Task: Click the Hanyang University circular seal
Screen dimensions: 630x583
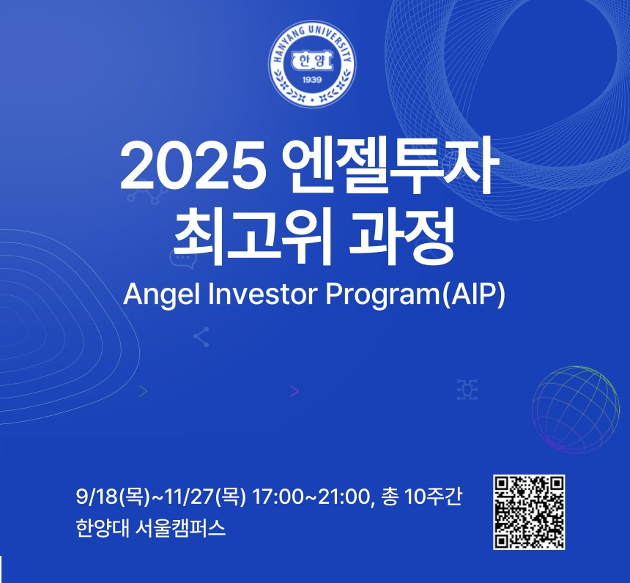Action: pyautogui.click(x=312, y=64)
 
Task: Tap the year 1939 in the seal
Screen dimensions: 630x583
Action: pyautogui.click(x=312, y=80)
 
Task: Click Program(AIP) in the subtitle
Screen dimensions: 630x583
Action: pyautogui.click(x=415, y=295)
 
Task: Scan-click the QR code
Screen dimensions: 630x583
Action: pyautogui.click(x=529, y=512)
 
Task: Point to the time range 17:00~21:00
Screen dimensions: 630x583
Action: pyautogui.click(x=310, y=497)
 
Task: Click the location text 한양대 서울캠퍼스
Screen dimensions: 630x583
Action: pyautogui.click(x=151, y=528)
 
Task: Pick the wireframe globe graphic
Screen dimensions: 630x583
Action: pyautogui.click(x=575, y=409)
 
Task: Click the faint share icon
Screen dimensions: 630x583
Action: pyautogui.click(x=201, y=337)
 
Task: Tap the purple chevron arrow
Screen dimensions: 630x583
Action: pyautogui.click(x=295, y=391)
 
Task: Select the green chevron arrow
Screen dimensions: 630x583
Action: pyautogui.click(x=144, y=391)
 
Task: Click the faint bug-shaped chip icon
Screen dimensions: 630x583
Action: pyautogui.click(x=467, y=389)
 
